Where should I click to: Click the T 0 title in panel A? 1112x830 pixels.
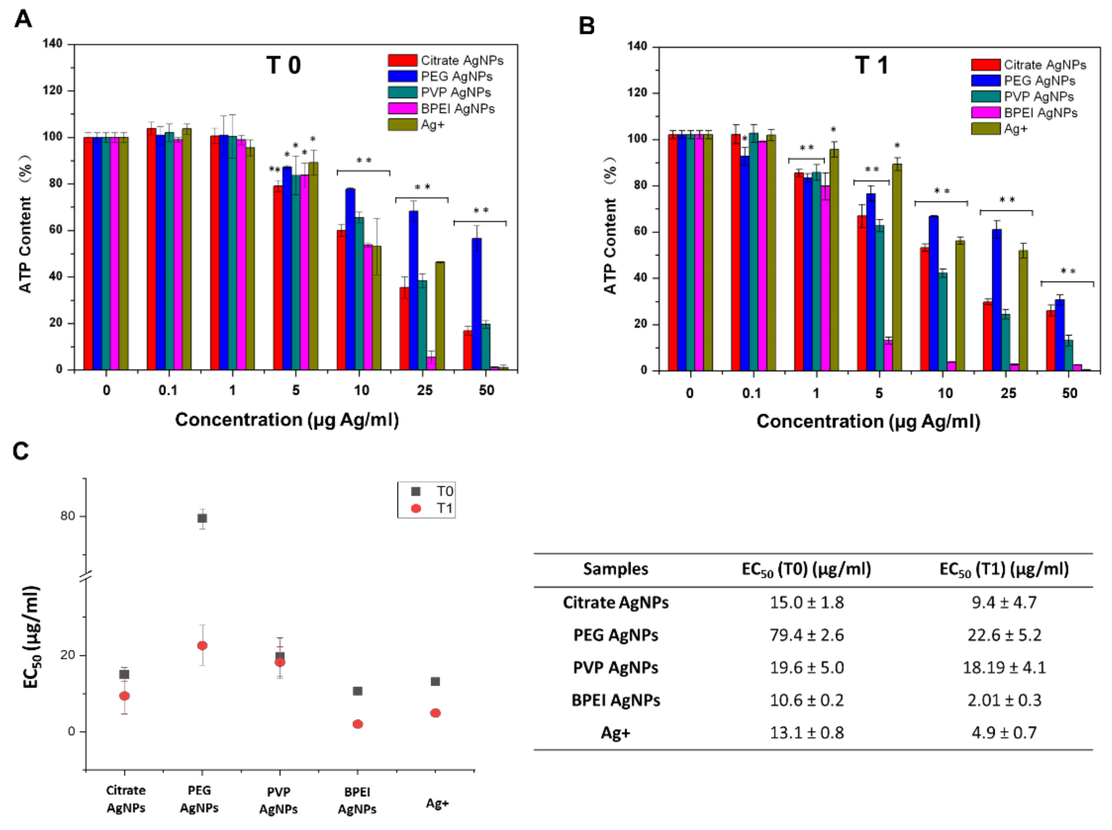[283, 65]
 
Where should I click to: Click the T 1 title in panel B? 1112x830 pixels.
[871, 65]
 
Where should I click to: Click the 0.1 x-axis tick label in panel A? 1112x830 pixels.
[168, 390]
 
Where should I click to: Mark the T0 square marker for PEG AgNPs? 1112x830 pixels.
[202, 518]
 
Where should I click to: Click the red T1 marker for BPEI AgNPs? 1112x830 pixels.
[358, 724]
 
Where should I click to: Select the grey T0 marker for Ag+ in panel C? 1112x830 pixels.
[435, 681]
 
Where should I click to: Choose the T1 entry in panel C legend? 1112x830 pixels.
[435, 508]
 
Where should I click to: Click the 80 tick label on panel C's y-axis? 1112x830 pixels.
[67, 516]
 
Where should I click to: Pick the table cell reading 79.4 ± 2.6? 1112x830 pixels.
[806, 635]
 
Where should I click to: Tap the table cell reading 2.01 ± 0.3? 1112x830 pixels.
[1004, 700]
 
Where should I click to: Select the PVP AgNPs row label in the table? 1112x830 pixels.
[615, 668]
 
